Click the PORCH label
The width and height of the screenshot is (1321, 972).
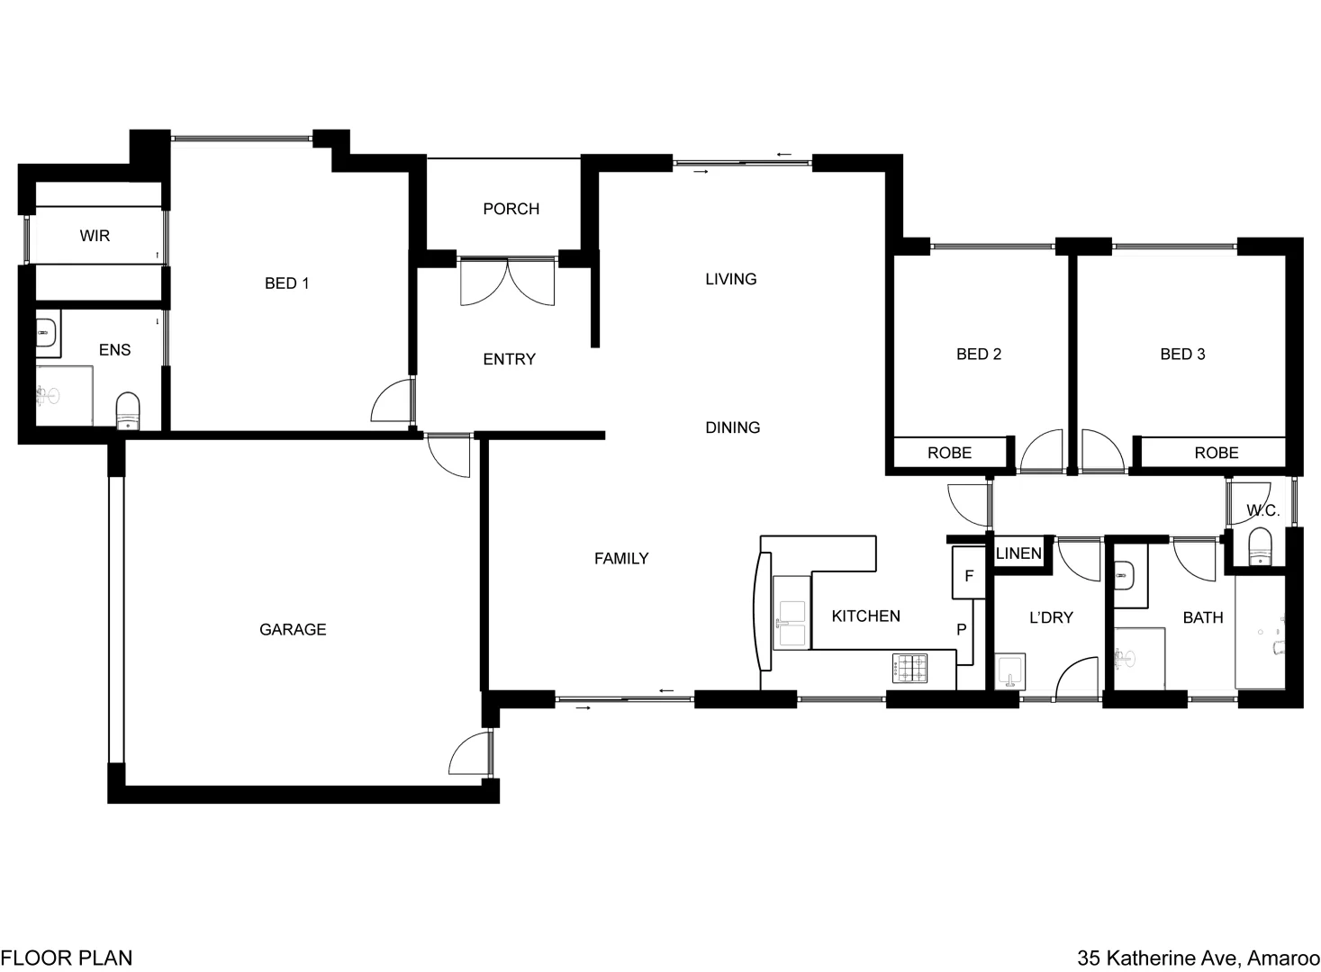[x=511, y=209]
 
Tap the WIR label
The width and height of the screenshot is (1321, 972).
[x=95, y=236]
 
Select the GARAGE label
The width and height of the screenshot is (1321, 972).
[x=293, y=630]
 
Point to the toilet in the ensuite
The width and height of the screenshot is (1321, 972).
[x=129, y=409]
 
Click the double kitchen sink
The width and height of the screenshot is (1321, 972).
[x=792, y=623]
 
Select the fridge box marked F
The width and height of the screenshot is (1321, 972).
[x=970, y=575]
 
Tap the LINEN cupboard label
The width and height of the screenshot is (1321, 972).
[x=1018, y=553]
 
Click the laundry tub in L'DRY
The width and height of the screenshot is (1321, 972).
[x=1010, y=671]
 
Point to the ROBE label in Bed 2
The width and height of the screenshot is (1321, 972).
[x=949, y=453]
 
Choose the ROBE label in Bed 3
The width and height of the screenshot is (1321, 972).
[x=1216, y=453]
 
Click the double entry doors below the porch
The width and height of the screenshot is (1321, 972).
[x=508, y=281]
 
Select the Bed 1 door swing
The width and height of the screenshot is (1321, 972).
[x=394, y=401]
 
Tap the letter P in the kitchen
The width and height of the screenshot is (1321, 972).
[x=961, y=630]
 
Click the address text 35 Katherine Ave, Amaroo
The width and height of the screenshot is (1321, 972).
[x=1199, y=958]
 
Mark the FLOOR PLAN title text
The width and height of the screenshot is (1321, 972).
[x=67, y=958]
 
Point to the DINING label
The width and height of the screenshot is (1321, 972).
[x=732, y=427]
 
